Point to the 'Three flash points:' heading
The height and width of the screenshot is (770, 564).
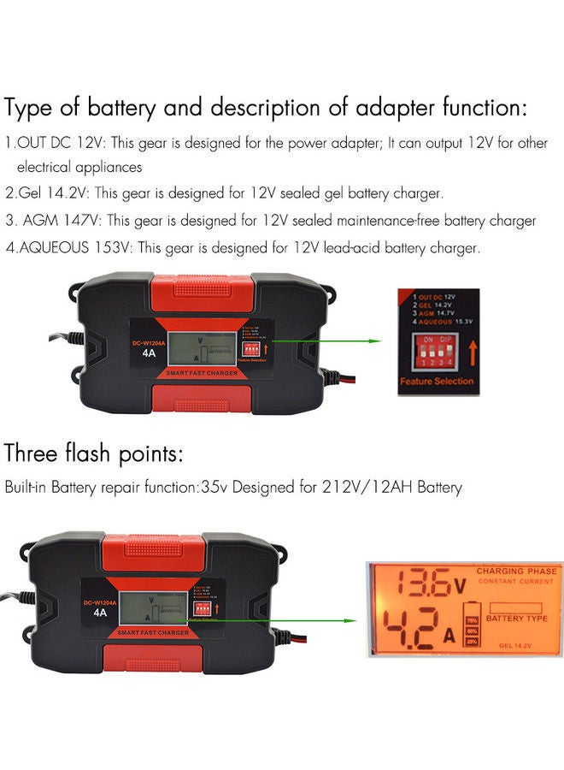pyautogui.click(x=94, y=453)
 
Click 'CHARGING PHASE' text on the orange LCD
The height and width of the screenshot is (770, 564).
pyautogui.click(x=515, y=571)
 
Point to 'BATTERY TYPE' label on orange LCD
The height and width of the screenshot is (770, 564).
pyautogui.click(x=516, y=618)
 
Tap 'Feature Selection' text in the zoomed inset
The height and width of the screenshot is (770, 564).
pyautogui.click(x=437, y=381)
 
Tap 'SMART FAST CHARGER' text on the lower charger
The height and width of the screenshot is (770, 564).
pyautogui.click(x=153, y=631)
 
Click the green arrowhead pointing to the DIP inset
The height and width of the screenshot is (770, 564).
pyautogui.click(x=373, y=341)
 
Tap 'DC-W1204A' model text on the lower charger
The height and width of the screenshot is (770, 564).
pyautogui.click(x=101, y=602)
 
